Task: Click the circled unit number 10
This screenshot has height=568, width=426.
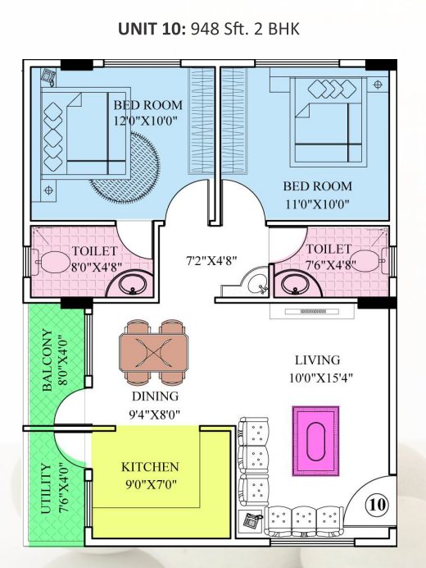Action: pyautogui.click(x=377, y=504)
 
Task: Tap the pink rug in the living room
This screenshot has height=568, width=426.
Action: pyautogui.click(x=315, y=441)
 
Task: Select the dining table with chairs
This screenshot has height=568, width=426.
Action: pyautogui.click(x=154, y=352)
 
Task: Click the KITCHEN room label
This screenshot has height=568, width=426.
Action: pyautogui.click(x=150, y=467)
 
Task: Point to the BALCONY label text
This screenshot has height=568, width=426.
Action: pyautogui.click(x=48, y=360)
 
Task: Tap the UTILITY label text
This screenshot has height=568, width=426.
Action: pyautogui.click(x=46, y=488)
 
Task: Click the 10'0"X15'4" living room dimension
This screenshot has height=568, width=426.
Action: pyautogui.click(x=321, y=378)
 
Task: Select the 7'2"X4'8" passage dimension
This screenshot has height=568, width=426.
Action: pyautogui.click(x=211, y=260)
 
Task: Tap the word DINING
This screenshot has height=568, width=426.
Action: pyautogui.click(x=155, y=396)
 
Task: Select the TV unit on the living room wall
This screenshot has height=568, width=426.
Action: pyautogui.click(x=312, y=312)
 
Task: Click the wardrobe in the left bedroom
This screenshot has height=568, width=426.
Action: pyautogui.click(x=202, y=121)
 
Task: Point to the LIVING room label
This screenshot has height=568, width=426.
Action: pyautogui.click(x=318, y=360)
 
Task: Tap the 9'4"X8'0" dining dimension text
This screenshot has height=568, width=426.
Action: pyautogui.click(x=155, y=414)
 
